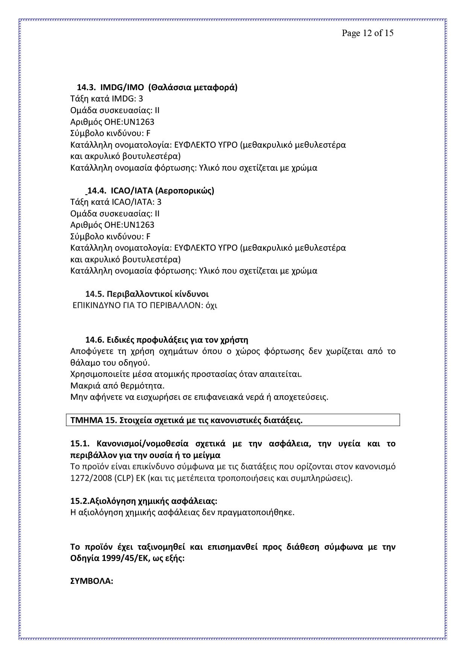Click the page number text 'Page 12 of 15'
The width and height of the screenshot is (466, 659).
[x=367, y=33]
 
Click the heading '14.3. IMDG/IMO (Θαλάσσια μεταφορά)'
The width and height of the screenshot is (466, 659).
[x=157, y=88]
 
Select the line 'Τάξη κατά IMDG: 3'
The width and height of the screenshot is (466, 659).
[x=106, y=99]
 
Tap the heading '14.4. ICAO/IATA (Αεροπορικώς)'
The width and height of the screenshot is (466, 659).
[x=150, y=190]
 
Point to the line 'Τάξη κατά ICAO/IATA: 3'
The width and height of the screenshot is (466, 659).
[x=116, y=202]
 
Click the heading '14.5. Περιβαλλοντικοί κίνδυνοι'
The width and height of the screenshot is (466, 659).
[x=147, y=294]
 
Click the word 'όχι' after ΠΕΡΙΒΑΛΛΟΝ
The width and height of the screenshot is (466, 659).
[x=212, y=305]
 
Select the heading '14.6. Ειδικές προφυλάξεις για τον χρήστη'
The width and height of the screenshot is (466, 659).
[x=167, y=340]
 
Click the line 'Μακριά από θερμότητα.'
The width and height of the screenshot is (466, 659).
[x=117, y=386]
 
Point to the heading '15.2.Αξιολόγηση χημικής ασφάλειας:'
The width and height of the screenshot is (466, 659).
[x=144, y=501]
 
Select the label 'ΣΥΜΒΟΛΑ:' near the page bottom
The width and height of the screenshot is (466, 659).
[x=92, y=581]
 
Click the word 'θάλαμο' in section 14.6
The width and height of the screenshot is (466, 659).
[x=84, y=363]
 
